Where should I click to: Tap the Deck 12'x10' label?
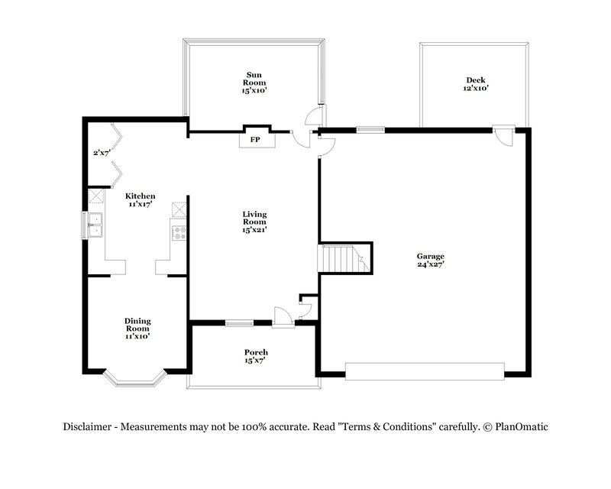coord(476,84)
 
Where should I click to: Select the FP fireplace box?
coord(254,140)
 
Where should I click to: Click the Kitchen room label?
coord(141,200)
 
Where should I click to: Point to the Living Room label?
coord(254,222)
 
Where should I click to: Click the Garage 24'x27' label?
coord(430,260)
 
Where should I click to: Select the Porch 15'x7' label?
coord(256,356)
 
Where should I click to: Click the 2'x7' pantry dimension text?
coord(102,153)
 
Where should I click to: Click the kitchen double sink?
coord(95,225)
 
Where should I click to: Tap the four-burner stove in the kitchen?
coord(179,232)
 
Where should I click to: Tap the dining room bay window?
coord(134,375)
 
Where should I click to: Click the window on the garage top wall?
coord(370,128)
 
